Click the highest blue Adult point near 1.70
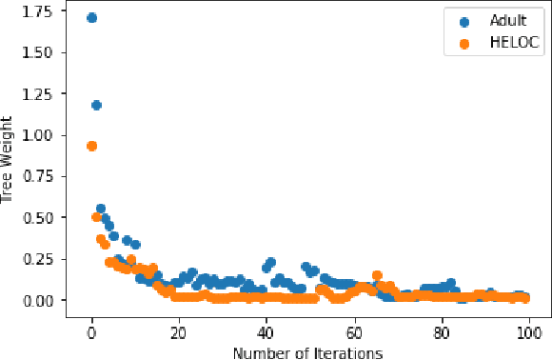point(91,18)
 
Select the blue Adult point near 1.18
point(96,105)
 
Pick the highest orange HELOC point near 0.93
point(91,146)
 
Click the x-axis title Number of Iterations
point(309,352)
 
